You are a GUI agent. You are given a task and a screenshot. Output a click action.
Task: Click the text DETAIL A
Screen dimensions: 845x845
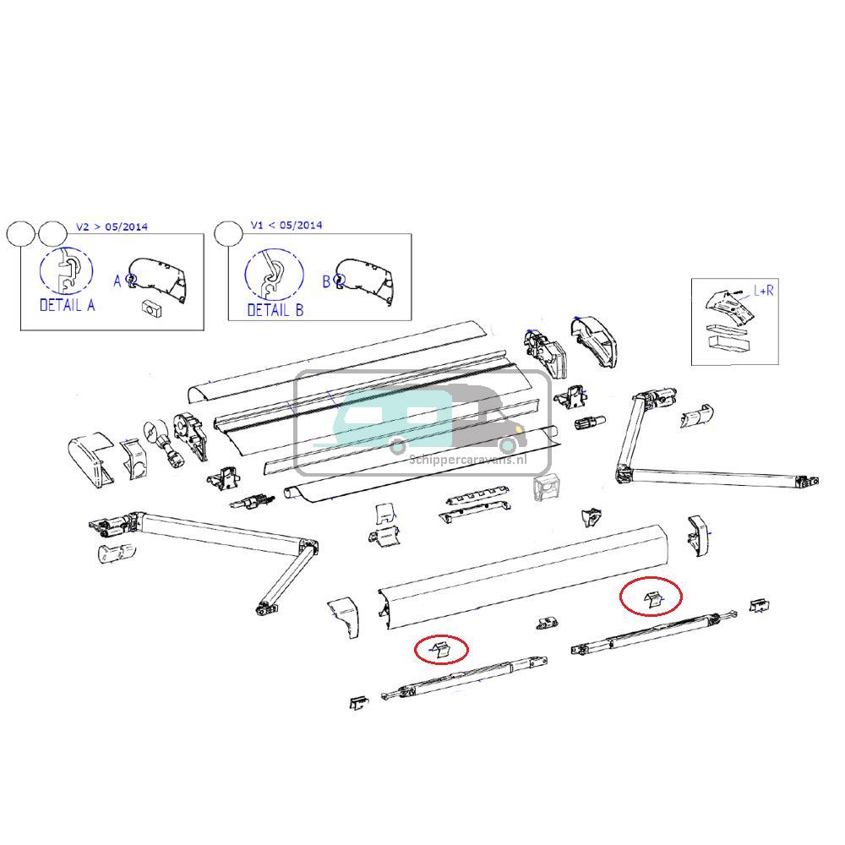(x=67, y=305)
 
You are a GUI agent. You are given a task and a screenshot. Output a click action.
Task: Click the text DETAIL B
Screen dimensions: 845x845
(x=275, y=310)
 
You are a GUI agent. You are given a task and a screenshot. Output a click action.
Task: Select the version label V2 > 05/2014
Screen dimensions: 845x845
(x=112, y=226)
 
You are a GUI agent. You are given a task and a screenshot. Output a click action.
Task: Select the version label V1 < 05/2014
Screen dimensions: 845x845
(x=286, y=226)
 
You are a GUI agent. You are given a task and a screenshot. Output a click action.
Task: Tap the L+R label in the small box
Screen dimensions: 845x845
(x=764, y=291)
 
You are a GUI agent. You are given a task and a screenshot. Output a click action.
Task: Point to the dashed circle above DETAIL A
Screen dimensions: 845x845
(x=66, y=271)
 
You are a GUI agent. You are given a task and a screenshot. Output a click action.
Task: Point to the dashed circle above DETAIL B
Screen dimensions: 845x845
(x=274, y=274)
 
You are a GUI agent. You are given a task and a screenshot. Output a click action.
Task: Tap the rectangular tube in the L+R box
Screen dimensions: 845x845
(x=729, y=345)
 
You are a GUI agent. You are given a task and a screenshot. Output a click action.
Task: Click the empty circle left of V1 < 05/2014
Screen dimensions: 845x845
(x=228, y=233)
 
